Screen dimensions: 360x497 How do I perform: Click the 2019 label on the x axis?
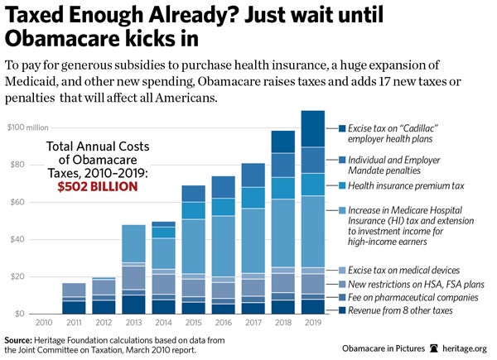click(312, 322)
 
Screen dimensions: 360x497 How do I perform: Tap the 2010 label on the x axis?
click(44, 322)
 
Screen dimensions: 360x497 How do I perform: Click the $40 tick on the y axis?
click(17, 239)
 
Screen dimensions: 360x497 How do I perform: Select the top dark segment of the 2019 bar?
click(312, 128)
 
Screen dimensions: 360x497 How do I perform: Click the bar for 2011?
click(74, 298)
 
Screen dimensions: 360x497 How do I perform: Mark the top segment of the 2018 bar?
click(283, 142)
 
